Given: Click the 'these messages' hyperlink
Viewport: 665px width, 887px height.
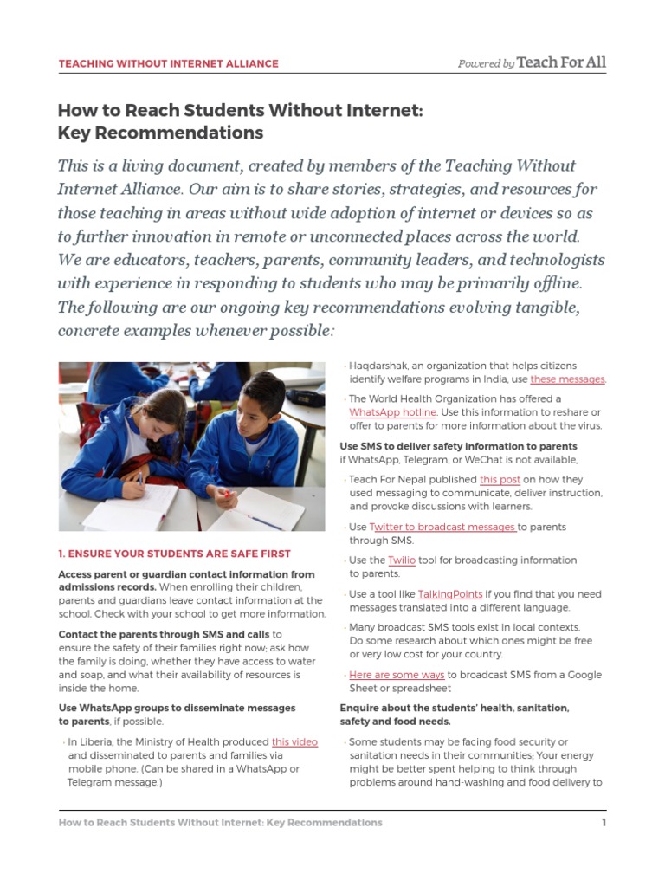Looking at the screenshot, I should [567, 379].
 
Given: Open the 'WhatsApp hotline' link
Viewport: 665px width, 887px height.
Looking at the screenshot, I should [392, 412].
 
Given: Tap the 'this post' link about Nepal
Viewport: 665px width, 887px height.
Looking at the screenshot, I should [500, 479].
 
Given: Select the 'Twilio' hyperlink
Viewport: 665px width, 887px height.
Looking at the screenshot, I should [402, 560].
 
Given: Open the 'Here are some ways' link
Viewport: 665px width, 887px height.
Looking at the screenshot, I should [397, 675].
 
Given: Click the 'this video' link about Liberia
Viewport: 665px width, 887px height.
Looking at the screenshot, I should [294, 741].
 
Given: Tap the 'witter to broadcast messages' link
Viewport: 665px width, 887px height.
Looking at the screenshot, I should [445, 527].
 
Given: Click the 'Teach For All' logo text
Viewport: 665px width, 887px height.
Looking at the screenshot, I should [561, 62].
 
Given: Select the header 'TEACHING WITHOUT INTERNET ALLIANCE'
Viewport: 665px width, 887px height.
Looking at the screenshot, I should [168, 63].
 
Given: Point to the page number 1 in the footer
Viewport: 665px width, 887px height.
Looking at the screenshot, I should [604, 822].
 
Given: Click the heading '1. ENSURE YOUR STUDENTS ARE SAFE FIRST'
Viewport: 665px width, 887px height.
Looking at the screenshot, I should [174, 554].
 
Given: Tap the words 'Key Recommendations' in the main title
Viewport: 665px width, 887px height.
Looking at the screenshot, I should [160, 133].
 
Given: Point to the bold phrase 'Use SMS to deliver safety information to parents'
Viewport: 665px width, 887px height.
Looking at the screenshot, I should [458, 446].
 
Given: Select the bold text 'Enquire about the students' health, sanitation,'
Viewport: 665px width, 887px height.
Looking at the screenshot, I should [455, 708].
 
